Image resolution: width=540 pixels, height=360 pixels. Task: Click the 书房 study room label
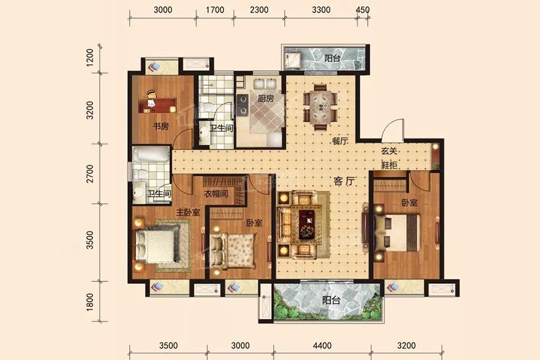[161, 126]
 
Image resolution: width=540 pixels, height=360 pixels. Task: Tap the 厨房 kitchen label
[266, 98]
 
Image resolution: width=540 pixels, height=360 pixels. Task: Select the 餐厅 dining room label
[340, 140]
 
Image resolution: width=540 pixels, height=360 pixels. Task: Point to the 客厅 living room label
[344, 181]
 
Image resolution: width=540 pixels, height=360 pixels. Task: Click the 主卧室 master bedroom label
[188, 212]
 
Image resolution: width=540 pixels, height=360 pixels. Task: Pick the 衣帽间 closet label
[216, 194]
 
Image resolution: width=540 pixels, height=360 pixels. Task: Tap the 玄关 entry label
[389, 151]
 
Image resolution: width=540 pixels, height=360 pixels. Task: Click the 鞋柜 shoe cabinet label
[389, 165]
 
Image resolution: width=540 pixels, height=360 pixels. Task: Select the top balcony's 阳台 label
[332, 58]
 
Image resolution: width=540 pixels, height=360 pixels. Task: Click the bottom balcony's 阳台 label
[331, 300]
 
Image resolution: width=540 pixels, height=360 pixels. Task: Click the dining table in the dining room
[320, 107]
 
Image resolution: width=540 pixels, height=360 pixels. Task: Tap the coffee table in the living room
[307, 224]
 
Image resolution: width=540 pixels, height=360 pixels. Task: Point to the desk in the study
[157, 106]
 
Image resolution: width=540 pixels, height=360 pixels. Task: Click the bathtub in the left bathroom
[151, 155]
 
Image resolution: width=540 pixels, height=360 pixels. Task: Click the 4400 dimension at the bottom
[322, 345]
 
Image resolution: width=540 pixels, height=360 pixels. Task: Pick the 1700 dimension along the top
[215, 10]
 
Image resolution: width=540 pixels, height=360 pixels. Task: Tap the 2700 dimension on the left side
[89, 173]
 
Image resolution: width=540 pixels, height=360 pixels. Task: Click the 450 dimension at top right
[362, 10]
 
